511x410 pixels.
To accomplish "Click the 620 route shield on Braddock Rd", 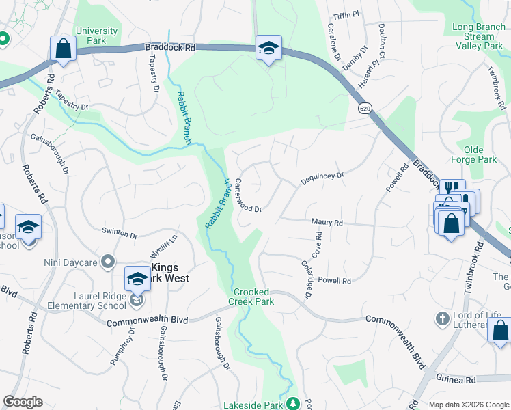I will tap(365, 109).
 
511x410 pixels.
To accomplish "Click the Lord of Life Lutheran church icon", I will tap(443, 318).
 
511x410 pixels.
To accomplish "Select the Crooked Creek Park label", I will tap(250, 297).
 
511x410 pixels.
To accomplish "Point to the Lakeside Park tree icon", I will tap(293, 404).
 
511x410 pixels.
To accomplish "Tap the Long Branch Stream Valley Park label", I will tap(478, 37).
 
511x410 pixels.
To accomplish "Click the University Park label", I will tap(96, 36).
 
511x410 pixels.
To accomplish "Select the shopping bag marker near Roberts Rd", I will tap(63, 49).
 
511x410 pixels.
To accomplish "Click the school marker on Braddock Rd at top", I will tap(268, 48).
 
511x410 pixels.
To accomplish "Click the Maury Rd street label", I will tap(327, 223).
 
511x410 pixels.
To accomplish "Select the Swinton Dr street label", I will tap(120, 233).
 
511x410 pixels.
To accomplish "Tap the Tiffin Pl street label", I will tap(346, 15).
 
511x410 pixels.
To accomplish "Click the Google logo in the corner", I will tap(23, 402).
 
